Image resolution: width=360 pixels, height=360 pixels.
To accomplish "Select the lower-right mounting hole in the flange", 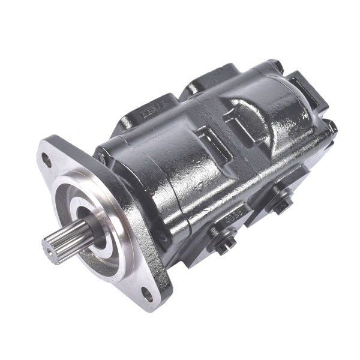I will pyautogui.click(x=146, y=294).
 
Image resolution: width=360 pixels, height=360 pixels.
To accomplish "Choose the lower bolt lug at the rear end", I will pyautogui.click(x=329, y=128).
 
